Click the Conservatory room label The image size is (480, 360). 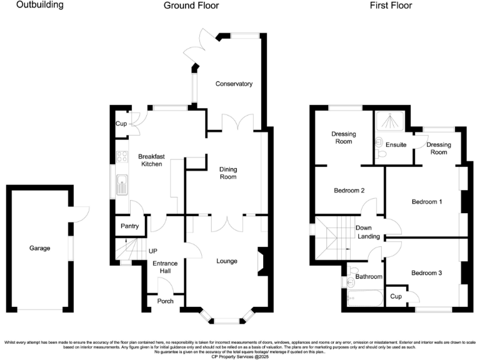click(x=234, y=84)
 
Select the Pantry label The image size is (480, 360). click(x=129, y=226)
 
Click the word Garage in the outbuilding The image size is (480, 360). click(x=39, y=248)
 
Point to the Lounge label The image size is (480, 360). click(x=227, y=261)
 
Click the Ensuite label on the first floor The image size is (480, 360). click(x=396, y=145)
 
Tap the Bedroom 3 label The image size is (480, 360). click(x=426, y=273)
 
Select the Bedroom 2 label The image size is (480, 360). click(x=349, y=191)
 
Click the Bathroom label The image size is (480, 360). click(x=368, y=276)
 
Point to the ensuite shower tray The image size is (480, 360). click(x=391, y=119)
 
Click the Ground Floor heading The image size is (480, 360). click(x=191, y=6)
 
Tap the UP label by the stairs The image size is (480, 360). click(x=152, y=251)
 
